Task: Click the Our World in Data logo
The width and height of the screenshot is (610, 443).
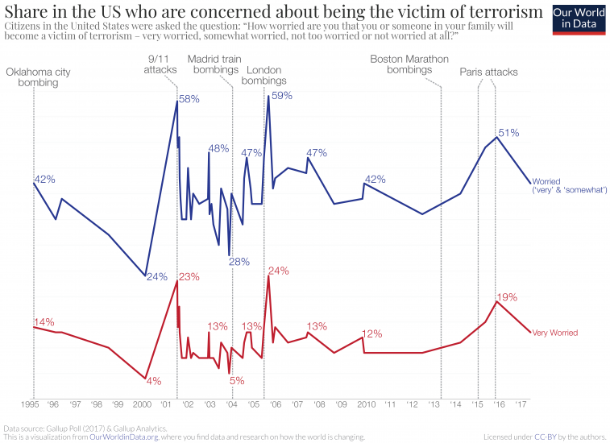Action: tap(579, 19)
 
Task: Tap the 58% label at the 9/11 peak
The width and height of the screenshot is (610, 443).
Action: tap(189, 99)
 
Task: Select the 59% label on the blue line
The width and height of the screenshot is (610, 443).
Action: tap(281, 95)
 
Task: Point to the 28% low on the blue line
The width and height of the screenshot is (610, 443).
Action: tap(239, 261)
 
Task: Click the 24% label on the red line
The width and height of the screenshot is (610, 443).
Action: tap(278, 271)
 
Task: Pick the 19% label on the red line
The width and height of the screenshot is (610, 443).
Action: tap(507, 297)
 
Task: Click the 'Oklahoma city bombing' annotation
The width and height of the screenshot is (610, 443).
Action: tap(39, 77)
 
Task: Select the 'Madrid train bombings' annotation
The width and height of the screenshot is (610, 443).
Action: tap(213, 64)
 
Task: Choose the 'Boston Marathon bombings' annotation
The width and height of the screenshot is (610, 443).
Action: tap(409, 64)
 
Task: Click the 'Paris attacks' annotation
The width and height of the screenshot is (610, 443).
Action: tap(488, 72)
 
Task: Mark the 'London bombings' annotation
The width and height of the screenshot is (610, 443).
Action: tap(264, 76)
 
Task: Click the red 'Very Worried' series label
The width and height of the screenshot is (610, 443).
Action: tap(556, 332)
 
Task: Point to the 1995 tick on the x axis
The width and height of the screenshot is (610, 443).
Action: tap(32, 404)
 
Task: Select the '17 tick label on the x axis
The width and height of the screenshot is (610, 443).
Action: tap(522, 404)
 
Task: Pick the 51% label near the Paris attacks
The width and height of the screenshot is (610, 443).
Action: tap(508, 132)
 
